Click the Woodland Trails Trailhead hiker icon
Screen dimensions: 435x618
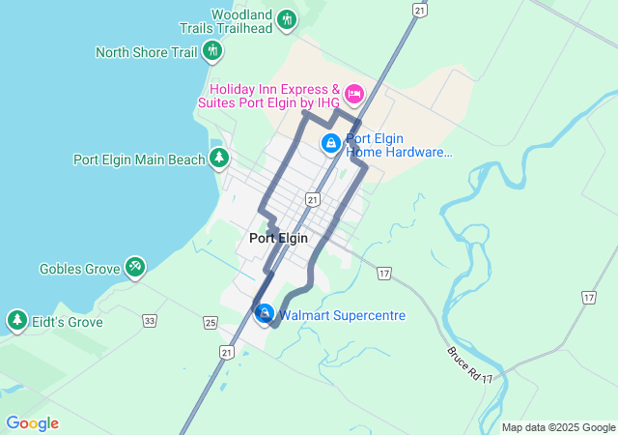point(287,19)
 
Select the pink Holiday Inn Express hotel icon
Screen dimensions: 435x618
point(353,94)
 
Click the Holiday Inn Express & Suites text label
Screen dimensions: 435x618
point(267,94)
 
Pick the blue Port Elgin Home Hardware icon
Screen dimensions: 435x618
point(330,144)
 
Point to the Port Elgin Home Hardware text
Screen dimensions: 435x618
point(398,145)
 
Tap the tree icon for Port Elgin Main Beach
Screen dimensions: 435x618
point(220,158)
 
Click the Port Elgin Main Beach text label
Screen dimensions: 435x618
point(139,159)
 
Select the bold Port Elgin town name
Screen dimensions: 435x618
point(278,238)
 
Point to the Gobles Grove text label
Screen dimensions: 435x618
point(78,269)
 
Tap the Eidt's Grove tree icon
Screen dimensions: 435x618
point(16,319)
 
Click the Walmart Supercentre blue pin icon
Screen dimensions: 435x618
point(265,313)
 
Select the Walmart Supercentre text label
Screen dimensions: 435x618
point(342,315)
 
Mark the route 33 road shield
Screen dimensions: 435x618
point(149,320)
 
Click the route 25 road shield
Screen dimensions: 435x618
point(211,322)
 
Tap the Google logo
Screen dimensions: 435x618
point(32,423)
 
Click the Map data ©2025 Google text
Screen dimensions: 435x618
point(557,427)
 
